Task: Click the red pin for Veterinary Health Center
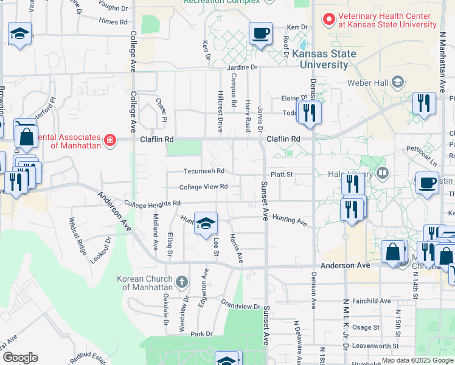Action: (x=329, y=20)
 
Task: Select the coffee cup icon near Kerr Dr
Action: (x=260, y=33)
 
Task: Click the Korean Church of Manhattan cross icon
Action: (x=181, y=282)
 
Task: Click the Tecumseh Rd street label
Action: (x=204, y=171)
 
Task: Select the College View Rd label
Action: (x=203, y=187)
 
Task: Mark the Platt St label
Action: (x=282, y=175)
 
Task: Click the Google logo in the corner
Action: (x=20, y=358)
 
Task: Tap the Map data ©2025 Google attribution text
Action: (x=417, y=360)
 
